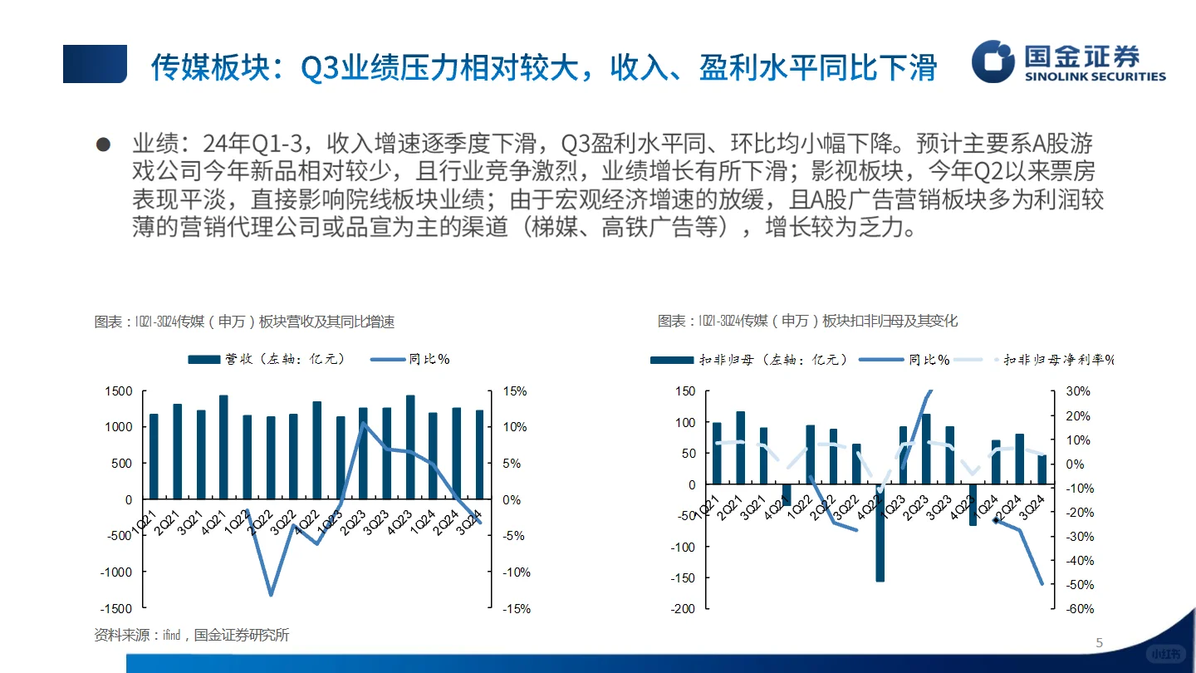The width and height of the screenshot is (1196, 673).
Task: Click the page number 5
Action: coord(1100,642)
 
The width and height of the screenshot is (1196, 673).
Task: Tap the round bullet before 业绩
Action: coord(103,145)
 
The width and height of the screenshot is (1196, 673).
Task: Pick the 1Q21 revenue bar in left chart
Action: coord(154,456)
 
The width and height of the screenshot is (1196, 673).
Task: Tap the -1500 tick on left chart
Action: coord(115,609)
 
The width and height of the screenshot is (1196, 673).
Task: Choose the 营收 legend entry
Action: coord(266,359)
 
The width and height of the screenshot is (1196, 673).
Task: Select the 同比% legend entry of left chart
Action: coord(410,359)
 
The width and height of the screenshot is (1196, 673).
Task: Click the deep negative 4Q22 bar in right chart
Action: coord(880,533)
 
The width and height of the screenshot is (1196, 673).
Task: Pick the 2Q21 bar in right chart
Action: coord(740,447)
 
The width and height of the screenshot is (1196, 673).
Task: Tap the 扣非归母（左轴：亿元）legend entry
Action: coord(747,360)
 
